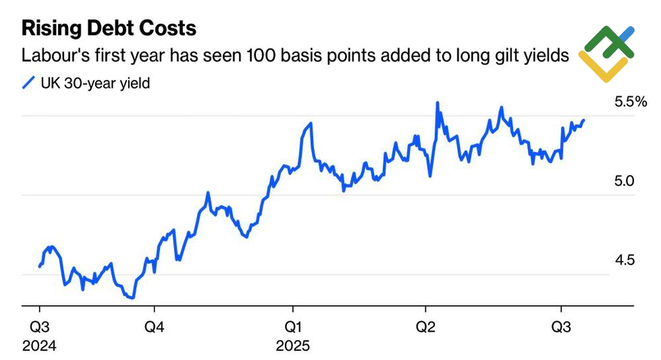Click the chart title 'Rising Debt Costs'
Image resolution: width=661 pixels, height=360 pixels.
pyautogui.click(x=108, y=29)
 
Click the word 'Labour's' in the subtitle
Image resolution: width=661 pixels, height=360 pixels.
pyautogui.click(x=50, y=55)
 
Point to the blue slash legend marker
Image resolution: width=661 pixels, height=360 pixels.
pyautogui.click(x=28, y=83)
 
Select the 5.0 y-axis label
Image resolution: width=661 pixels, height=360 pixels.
pyautogui.click(x=625, y=181)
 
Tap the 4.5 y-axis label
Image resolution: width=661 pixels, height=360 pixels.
pyautogui.click(x=625, y=260)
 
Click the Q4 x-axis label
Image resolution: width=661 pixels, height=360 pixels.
pyautogui.click(x=155, y=327)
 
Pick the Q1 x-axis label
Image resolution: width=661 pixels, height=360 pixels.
pyautogui.click(x=292, y=327)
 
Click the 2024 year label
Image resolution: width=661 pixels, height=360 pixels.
pyautogui.click(x=40, y=345)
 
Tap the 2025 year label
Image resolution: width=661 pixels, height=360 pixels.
pyautogui.click(x=293, y=345)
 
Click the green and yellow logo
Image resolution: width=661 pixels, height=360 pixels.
pyautogui.click(x=606, y=53)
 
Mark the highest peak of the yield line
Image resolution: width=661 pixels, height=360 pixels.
pyautogui.click(x=437, y=103)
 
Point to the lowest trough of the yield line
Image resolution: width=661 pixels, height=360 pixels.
pyautogui.click(x=133, y=298)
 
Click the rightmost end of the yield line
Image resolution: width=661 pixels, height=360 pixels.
pyautogui.click(x=584, y=120)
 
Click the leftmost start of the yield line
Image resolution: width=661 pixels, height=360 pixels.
pyautogui.click(x=40, y=267)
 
